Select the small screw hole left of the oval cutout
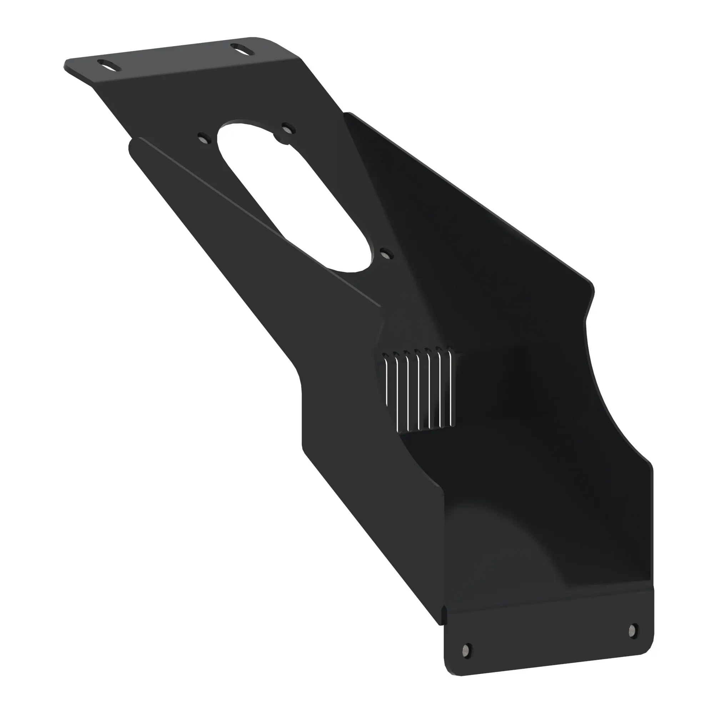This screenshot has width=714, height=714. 203,139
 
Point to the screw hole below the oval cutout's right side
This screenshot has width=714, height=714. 386,254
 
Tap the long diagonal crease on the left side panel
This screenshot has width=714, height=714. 259,222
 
